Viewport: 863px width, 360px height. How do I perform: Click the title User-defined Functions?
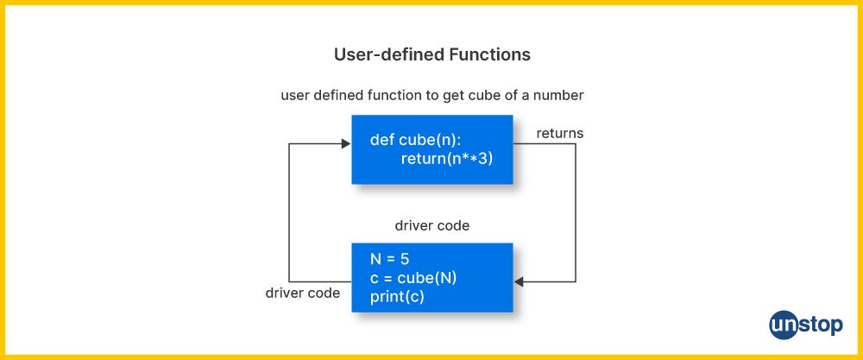tap(432, 54)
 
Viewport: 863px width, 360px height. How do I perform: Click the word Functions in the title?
tap(490, 54)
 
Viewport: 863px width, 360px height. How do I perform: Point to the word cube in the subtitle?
tap(484, 95)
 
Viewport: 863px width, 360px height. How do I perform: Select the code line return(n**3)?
tap(447, 159)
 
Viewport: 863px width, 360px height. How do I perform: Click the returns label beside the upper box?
tap(560, 133)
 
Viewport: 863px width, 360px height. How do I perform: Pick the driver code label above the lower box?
tap(432, 225)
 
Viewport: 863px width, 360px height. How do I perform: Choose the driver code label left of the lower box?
tap(303, 293)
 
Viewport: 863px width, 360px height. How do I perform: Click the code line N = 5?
tap(390, 259)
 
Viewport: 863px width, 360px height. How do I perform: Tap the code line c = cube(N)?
tap(414, 278)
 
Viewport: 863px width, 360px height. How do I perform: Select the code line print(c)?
tap(397, 297)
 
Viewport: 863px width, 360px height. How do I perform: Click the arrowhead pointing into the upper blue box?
tap(346, 143)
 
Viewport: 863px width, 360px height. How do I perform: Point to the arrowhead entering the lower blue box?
tap(519, 281)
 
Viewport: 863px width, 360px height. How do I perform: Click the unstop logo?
tap(806, 325)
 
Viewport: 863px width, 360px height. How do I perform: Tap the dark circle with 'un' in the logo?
tap(784, 325)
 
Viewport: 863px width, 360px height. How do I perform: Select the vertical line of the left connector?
tap(289, 213)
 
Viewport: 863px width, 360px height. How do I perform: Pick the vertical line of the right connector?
tap(576, 213)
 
